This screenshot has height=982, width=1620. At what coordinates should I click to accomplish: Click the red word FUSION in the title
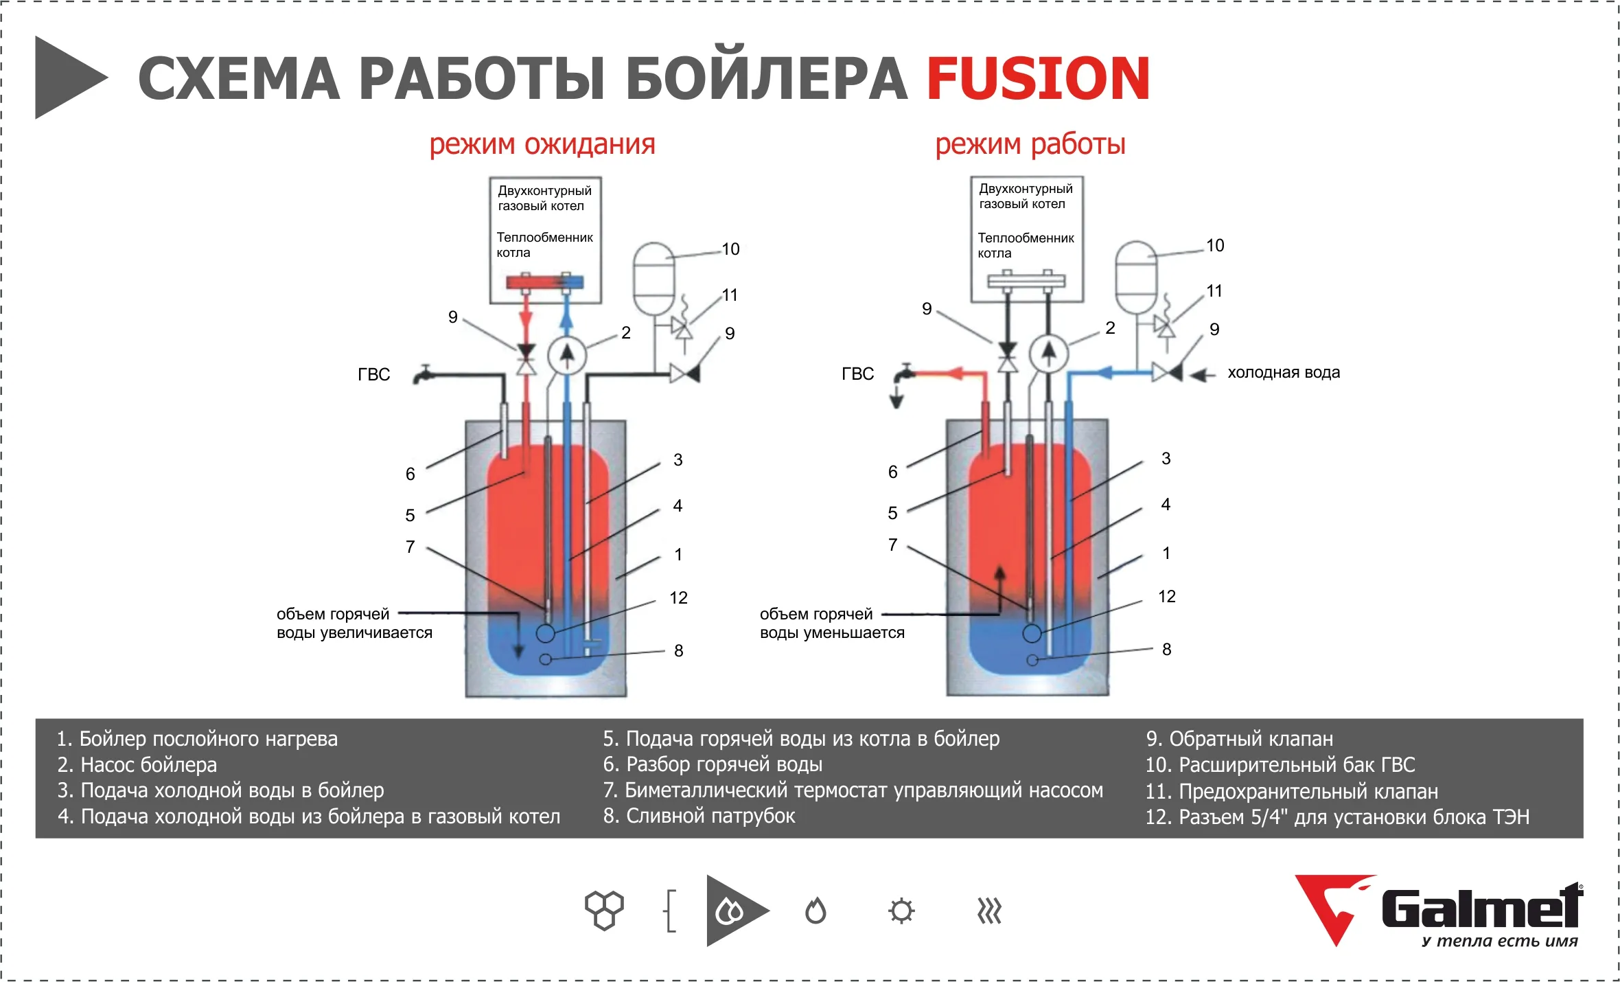(1038, 79)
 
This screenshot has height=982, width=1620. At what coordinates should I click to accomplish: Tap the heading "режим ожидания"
(542, 144)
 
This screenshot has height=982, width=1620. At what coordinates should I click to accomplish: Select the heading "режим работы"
(1030, 144)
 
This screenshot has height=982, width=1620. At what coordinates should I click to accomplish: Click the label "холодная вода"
(1284, 373)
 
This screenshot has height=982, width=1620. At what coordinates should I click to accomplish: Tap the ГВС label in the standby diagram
(373, 375)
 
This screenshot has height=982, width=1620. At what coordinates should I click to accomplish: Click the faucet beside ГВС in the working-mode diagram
(905, 374)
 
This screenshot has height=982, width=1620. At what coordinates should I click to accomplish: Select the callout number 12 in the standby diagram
(678, 598)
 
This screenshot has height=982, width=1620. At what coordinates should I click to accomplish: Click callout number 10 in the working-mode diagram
(1215, 246)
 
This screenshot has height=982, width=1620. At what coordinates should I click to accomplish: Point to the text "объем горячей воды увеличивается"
(354, 624)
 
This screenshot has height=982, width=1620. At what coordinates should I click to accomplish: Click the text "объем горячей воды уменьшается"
(832, 624)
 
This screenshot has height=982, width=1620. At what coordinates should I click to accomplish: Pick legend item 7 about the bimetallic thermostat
(853, 790)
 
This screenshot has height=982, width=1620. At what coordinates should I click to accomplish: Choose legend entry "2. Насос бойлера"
(137, 765)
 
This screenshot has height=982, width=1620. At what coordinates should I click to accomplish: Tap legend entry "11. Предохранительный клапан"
(1291, 792)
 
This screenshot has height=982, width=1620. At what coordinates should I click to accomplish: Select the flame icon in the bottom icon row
(815, 911)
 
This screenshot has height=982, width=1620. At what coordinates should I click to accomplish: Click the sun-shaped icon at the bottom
(901, 911)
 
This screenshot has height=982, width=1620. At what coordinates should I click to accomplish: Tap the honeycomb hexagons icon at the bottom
(604, 911)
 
